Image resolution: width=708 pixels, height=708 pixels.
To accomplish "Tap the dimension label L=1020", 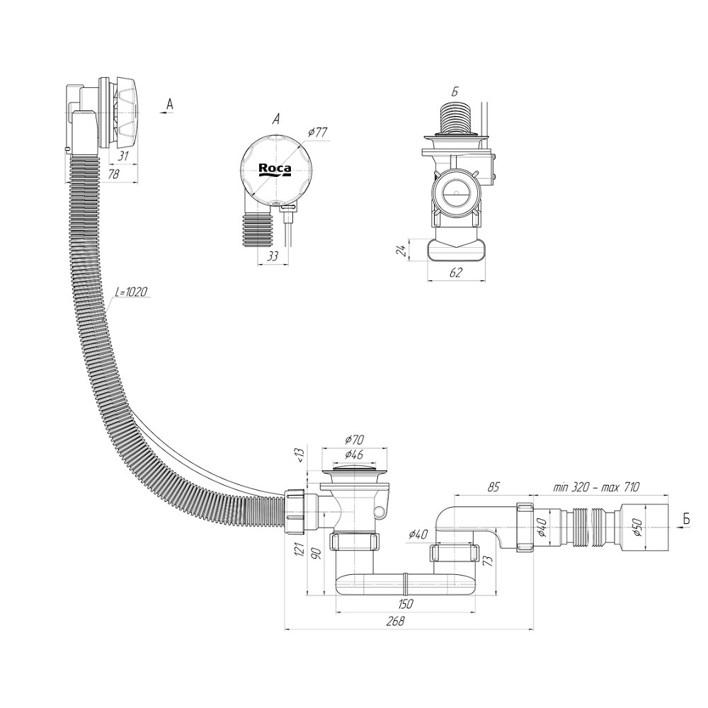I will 132,292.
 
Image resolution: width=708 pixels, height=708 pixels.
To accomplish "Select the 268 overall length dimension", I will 396,621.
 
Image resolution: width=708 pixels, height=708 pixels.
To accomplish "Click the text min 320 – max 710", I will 596,486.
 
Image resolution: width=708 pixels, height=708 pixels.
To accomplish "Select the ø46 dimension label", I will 355,455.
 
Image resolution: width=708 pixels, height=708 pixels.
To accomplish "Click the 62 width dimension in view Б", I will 456,273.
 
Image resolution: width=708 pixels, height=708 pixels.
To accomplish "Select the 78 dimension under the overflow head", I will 112,174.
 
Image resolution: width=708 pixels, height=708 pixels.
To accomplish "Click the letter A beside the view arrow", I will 169,104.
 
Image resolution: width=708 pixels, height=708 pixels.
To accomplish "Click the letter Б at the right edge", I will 686,521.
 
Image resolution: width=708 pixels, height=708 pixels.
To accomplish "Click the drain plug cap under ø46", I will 355,469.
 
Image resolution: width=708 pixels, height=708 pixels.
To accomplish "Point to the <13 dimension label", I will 299,453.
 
